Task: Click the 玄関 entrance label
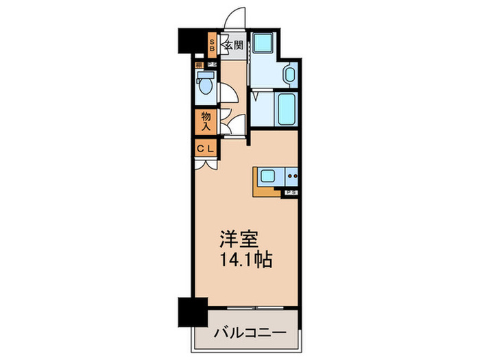234,46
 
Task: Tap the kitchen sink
267,176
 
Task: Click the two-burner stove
292,176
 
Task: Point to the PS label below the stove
291,193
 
